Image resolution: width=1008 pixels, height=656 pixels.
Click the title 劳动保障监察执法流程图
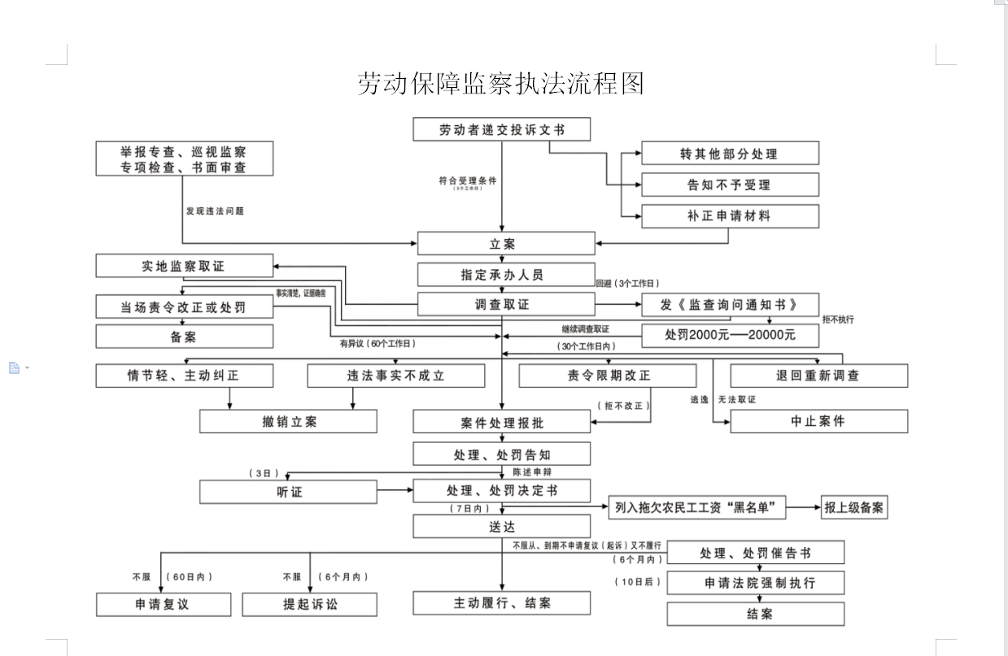[x=500, y=84]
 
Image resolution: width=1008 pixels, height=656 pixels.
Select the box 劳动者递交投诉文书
[x=501, y=130]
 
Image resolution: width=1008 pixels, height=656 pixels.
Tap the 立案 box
[x=506, y=243]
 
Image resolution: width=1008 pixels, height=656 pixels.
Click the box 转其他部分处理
[x=730, y=154]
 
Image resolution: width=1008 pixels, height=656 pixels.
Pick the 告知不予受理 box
[x=730, y=185]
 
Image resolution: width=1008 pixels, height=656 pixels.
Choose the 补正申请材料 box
[x=730, y=216]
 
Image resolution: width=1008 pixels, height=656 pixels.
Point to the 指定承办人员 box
[x=502, y=275]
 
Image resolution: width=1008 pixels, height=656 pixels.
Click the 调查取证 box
[x=502, y=304]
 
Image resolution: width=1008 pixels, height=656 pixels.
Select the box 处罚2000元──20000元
[x=730, y=335]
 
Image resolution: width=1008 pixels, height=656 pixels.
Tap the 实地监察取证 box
[x=184, y=266]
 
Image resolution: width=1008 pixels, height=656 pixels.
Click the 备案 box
[x=184, y=336]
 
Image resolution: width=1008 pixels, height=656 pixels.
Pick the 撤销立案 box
[x=288, y=421]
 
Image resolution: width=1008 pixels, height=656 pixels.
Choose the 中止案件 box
[x=818, y=421]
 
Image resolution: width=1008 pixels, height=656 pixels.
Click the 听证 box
[x=290, y=491]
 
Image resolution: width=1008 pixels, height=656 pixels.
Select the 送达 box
[x=502, y=527]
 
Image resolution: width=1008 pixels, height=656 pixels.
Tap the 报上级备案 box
[x=854, y=507]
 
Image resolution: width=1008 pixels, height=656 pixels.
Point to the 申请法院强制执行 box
[x=755, y=583]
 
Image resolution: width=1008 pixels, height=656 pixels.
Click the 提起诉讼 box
[x=309, y=604]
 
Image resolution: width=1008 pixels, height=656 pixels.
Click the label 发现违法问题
[x=215, y=211]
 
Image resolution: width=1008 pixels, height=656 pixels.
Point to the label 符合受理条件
[x=467, y=180]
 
